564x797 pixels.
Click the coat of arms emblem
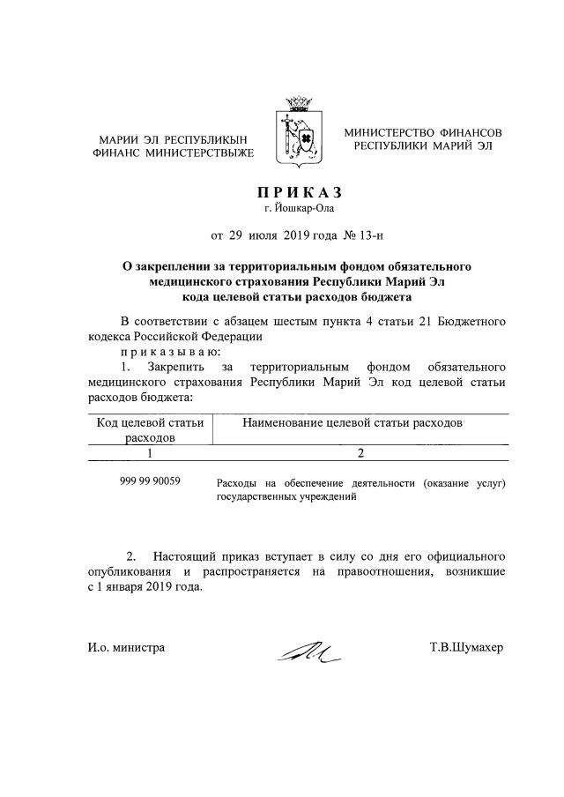coord(298,139)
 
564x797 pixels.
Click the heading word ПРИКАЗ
coord(299,193)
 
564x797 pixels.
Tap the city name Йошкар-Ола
coord(300,209)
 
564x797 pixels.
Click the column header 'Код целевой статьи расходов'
coord(150,429)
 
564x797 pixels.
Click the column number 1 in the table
coord(150,452)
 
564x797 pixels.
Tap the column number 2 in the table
coord(360,452)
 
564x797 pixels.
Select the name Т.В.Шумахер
coord(466,648)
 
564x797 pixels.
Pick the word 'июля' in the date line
coord(263,235)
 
